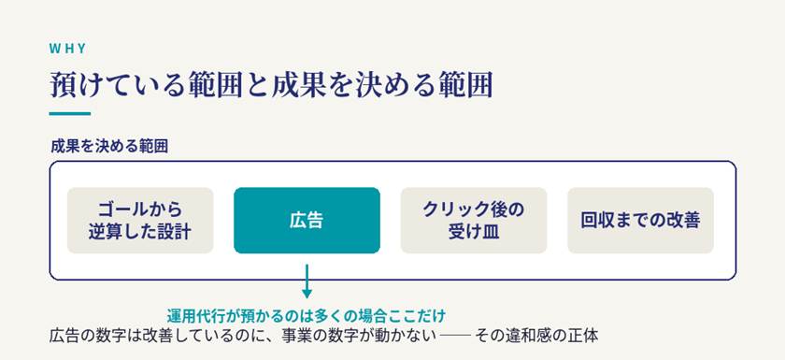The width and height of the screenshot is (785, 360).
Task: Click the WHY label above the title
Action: click(67, 49)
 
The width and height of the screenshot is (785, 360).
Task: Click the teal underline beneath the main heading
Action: click(69, 114)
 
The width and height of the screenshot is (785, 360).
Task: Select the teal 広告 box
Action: click(307, 221)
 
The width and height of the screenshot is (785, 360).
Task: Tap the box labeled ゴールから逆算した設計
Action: click(140, 221)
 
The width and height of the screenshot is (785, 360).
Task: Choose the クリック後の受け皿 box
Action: click(474, 221)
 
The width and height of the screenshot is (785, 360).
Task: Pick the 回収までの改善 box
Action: click(640, 221)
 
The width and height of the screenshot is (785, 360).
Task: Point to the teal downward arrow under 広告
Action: click(307, 281)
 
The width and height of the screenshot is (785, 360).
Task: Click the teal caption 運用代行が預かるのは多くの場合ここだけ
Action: click(307, 316)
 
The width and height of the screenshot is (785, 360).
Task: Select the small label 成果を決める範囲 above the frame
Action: click(109, 147)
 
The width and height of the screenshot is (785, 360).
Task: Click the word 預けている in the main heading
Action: click(115, 85)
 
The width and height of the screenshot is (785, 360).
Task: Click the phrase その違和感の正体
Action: click(535, 336)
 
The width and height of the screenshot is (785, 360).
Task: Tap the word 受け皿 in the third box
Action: click(474, 232)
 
